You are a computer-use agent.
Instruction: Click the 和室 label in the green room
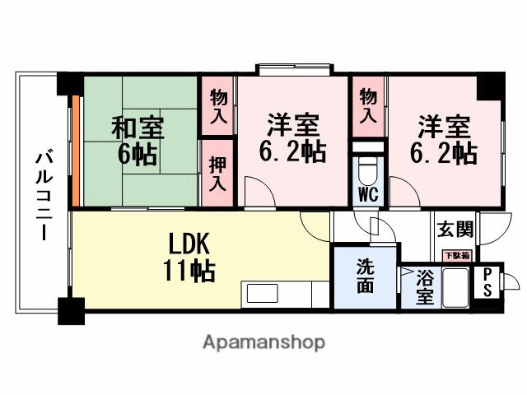coord(138,128)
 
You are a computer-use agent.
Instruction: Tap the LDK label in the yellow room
coord(190,244)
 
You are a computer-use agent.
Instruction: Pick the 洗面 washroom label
coord(365,277)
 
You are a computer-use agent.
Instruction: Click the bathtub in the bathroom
coord(455,290)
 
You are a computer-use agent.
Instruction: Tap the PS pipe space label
coord(487,281)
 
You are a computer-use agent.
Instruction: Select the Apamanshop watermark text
coord(263,342)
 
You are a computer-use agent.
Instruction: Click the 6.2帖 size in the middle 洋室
coord(291,151)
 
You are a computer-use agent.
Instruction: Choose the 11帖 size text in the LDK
coord(191,271)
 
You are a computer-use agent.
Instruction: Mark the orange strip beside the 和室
coord(74,151)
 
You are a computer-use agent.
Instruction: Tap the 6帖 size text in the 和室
coord(138,155)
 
